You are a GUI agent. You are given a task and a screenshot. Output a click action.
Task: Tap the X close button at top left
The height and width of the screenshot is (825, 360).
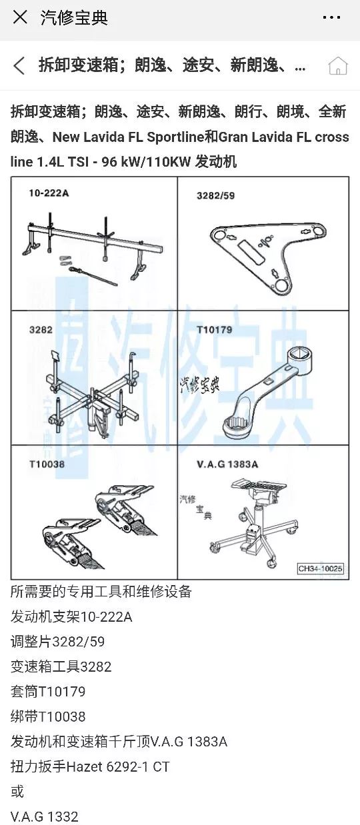(x=20, y=17)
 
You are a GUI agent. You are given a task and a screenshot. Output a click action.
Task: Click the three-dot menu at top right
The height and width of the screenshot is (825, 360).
(x=331, y=17)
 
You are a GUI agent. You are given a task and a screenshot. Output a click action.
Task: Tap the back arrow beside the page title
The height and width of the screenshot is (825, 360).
(x=19, y=65)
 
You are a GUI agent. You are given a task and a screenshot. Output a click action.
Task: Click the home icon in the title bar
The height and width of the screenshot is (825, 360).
(x=337, y=66)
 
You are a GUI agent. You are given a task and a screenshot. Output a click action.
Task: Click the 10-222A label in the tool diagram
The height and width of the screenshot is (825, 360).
(x=49, y=193)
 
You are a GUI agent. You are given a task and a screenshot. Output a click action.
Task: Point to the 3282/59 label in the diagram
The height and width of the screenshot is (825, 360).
(x=215, y=195)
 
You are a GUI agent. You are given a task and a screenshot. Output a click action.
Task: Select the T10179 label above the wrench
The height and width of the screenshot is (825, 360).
(x=214, y=330)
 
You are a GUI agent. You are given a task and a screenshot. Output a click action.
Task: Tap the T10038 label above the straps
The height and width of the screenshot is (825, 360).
(x=47, y=464)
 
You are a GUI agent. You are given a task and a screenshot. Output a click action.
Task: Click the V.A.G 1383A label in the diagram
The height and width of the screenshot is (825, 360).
(x=227, y=464)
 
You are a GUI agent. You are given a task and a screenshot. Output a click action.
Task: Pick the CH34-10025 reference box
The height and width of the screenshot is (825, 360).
(x=320, y=568)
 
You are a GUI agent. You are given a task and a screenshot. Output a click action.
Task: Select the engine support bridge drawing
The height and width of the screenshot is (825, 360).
(x=92, y=246)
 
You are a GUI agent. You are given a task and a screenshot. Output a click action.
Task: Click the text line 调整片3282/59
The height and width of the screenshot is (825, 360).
(x=57, y=642)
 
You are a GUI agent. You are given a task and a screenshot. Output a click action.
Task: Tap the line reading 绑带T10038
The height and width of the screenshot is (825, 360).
(x=48, y=717)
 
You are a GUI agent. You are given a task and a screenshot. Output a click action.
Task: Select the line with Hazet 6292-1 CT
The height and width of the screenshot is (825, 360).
(x=90, y=767)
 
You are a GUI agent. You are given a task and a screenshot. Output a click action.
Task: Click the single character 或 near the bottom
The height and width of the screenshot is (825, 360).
(x=17, y=792)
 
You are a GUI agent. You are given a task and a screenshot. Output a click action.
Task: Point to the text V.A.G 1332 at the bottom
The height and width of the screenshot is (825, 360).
(x=44, y=816)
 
